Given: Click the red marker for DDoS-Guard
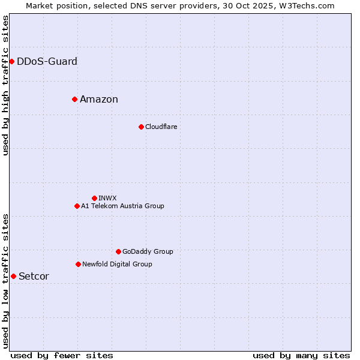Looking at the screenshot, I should coord(11,61).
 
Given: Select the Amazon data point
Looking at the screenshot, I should coord(74,99).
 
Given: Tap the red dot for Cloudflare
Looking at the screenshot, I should coord(141,127).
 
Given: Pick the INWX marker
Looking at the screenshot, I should coord(94,198).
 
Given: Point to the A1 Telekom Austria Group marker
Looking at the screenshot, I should coord(77,206).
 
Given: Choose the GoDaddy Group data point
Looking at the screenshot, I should coord(118,251).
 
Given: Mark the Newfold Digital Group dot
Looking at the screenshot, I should coord(78,264).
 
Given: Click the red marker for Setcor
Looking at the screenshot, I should coord(13,276).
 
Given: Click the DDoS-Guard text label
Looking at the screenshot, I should coord(47,61).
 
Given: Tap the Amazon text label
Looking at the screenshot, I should coord(99,99).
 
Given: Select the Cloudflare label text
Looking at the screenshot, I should coord(161,127).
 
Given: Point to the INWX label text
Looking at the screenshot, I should coord(107,198).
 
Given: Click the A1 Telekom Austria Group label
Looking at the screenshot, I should coord(122,206).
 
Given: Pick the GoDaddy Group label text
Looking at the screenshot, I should coord(148,251).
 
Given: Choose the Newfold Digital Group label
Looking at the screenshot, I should coord(117,264).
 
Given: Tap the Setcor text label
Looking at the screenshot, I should coord(34,276).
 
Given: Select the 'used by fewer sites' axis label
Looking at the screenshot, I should coord(62,355).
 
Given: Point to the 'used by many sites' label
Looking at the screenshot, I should coord(301,355).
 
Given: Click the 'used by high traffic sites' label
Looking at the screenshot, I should coord(5,85).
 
